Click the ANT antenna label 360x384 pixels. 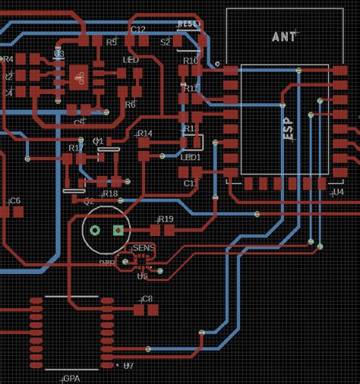(285, 36)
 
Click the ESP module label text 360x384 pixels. (289, 131)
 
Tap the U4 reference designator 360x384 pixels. (338, 193)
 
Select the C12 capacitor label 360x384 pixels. (138, 29)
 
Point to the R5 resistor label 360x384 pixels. (112, 42)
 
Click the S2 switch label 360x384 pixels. (166, 42)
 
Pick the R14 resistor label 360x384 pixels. (145, 134)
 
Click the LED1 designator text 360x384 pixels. (190, 157)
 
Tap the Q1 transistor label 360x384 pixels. (98, 141)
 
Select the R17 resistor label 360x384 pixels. (76, 148)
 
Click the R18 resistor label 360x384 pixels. (110, 194)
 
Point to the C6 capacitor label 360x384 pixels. (14, 200)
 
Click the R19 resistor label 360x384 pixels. (166, 219)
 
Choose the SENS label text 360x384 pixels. (144, 247)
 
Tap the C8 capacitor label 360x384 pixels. (147, 299)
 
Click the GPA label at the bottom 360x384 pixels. (71, 377)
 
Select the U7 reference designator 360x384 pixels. (128, 366)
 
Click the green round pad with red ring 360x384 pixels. (95, 230)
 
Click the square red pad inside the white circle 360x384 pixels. (118, 230)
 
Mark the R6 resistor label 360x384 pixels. (130, 105)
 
